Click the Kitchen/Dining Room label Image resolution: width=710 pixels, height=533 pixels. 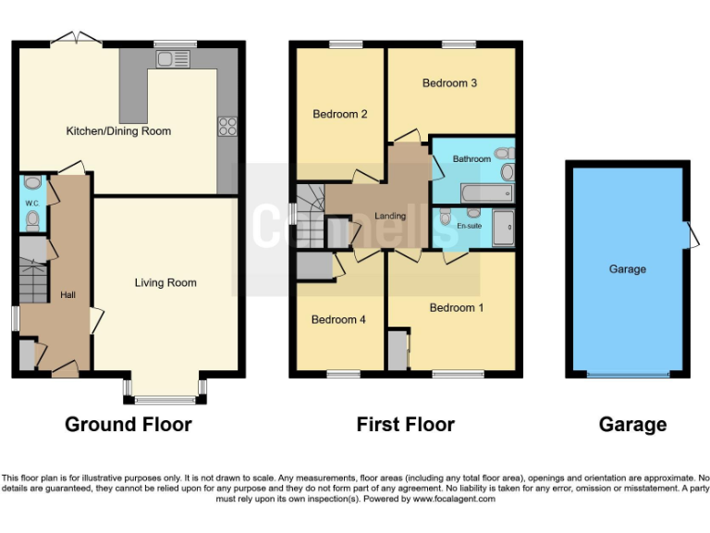[x=118, y=131]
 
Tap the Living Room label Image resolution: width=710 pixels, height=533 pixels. [x=165, y=282]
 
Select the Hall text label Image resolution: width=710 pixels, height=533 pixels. [x=68, y=294]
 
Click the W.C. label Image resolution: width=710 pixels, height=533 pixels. [x=31, y=203]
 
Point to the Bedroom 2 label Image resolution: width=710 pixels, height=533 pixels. [x=340, y=115]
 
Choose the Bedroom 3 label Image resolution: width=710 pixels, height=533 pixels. [x=449, y=83]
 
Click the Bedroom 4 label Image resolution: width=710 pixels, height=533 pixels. [x=338, y=319]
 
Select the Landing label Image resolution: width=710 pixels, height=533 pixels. [x=390, y=217]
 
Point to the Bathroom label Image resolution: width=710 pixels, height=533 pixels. [x=471, y=159]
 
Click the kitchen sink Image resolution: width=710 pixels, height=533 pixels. [x=173, y=59]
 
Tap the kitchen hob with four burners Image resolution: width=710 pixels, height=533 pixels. [x=226, y=126]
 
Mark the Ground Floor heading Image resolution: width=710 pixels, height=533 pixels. [x=129, y=425]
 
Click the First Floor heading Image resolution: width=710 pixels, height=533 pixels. [x=406, y=425]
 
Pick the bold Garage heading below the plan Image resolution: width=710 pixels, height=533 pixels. [x=632, y=425]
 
